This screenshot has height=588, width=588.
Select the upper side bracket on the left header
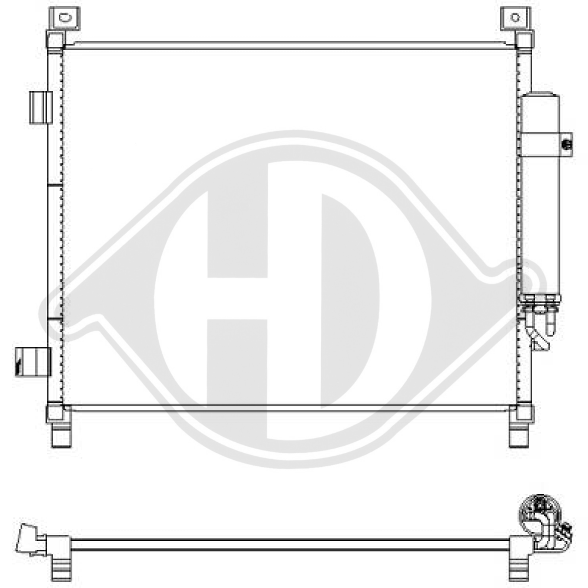[x=41, y=108]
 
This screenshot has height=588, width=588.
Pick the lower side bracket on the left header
[x=33, y=359]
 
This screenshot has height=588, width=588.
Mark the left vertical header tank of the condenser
[x=55, y=235]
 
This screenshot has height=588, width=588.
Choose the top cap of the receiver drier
[x=540, y=95]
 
